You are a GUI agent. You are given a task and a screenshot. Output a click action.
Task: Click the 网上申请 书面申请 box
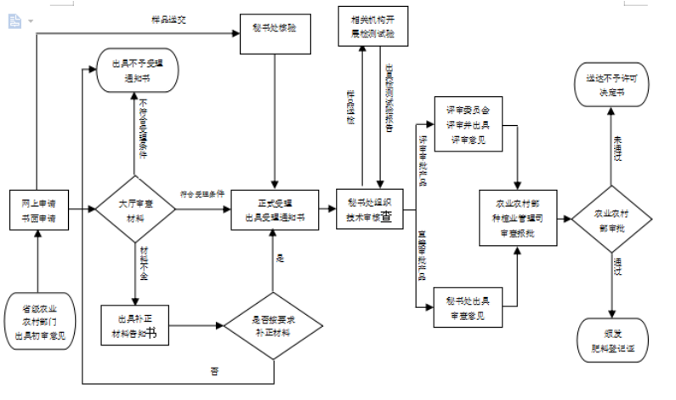(x=38, y=209)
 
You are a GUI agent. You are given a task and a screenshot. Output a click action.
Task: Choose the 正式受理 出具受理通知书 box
(x=274, y=209)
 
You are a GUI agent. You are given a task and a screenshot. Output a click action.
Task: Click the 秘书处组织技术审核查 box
(x=368, y=209)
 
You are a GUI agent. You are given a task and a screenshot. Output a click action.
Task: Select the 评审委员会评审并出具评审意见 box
(x=468, y=124)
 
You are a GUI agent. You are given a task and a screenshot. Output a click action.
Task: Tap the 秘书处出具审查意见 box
(x=468, y=309)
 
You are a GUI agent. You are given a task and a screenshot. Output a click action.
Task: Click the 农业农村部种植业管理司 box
(x=521, y=216)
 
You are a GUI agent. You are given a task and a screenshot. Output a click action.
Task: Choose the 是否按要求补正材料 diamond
(x=274, y=325)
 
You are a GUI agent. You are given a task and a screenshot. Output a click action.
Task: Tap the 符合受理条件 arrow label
(x=202, y=193)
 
